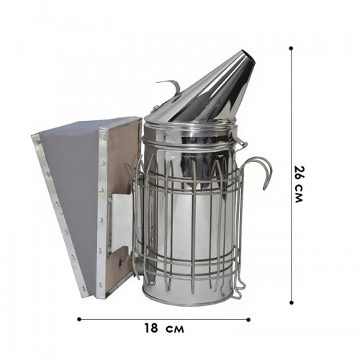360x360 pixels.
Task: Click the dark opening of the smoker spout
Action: tap(248, 57)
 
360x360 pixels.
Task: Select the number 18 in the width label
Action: tap(151, 328)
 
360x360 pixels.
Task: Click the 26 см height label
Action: tap(299, 184)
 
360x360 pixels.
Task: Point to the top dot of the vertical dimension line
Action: tap(291, 48)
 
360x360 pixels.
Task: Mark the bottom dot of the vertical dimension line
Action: tap(292, 302)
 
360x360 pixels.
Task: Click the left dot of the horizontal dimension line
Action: tap(79, 319)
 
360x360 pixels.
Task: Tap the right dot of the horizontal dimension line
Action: tap(248, 320)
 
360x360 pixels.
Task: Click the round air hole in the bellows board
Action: tap(120, 261)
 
